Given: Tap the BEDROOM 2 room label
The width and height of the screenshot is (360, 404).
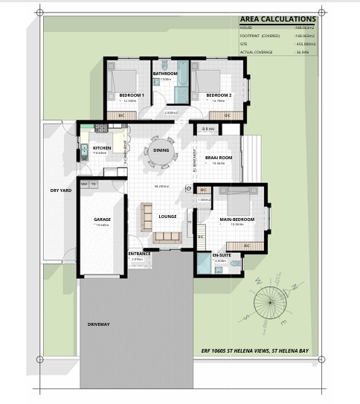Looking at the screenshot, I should tap(219, 95).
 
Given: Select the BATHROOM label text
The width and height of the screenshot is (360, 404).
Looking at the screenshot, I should tap(164, 74).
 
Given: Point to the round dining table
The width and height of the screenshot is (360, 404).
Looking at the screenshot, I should tap(161, 150).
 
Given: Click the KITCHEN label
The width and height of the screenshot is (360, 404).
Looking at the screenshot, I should tap(102, 148).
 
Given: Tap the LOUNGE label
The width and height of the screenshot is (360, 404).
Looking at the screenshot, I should tap(167, 217).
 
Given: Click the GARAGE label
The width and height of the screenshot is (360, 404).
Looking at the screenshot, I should tap(102, 220).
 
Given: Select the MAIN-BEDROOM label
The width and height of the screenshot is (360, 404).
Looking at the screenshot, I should tap(237, 220).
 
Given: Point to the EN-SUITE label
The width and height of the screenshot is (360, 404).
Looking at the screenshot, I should tap(220, 255).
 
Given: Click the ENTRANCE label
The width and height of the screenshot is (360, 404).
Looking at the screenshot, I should tap(139, 254).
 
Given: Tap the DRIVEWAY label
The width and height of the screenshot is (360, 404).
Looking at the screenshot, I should tap(98, 325).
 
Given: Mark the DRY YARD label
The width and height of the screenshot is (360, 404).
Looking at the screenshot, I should tap(60, 190).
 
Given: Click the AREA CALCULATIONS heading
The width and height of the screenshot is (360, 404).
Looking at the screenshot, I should tap(277, 19).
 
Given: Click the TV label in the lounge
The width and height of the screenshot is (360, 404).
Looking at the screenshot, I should tap(189, 221).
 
